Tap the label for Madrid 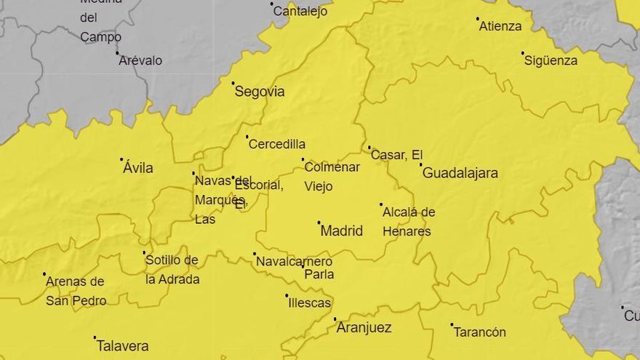point(341,231)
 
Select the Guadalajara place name point(460,173)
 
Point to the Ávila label point(138,168)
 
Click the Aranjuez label point(364,328)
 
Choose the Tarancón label point(479,332)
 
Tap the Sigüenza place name point(551,60)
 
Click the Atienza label point(500,26)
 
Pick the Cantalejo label point(300,12)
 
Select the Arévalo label point(140,60)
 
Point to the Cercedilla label point(277,144)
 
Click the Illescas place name point(309,303)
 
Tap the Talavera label point(122,346)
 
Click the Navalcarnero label point(295,262)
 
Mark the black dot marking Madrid point(319,223)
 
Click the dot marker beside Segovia point(233,84)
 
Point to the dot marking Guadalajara point(420,164)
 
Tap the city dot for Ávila point(121,159)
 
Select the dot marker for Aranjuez point(335,319)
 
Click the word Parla point(319,275)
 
